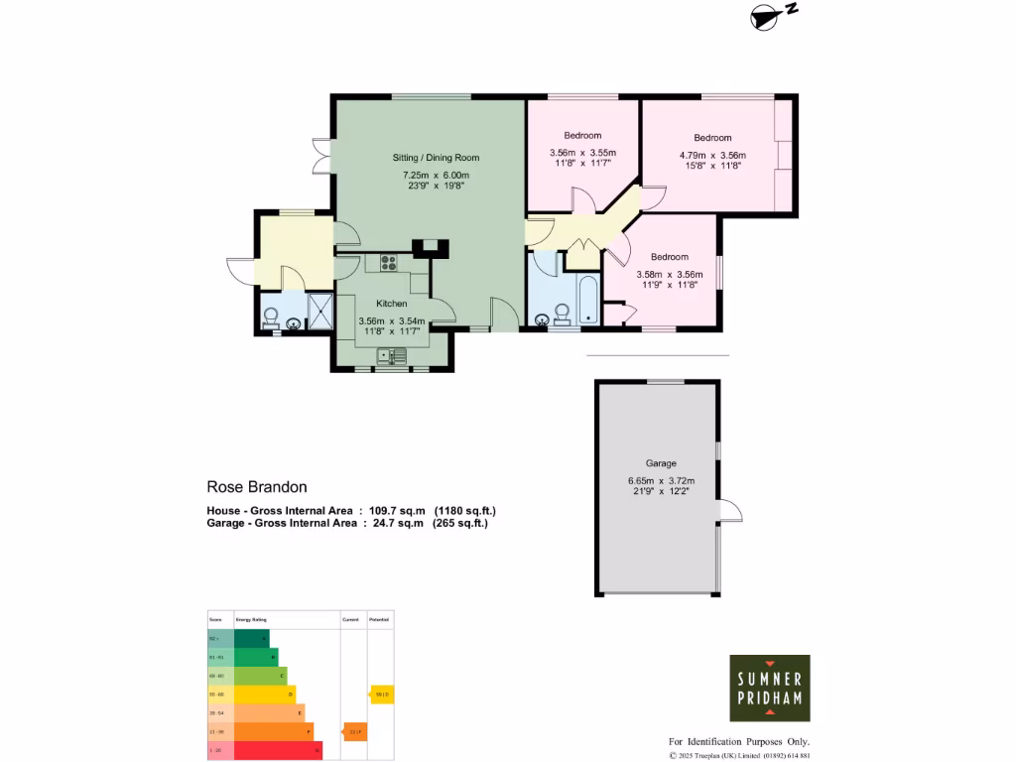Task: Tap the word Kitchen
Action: coord(391,304)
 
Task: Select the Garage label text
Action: coord(661,463)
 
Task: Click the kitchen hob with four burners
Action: coord(387,263)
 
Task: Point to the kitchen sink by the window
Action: coord(392,355)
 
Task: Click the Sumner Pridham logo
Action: coord(770,688)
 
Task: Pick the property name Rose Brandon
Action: coord(257,487)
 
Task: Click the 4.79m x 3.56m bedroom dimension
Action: coord(712,156)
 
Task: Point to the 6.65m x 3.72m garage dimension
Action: coord(661,482)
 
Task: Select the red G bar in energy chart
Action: coord(278,751)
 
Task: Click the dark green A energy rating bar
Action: coord(251,638)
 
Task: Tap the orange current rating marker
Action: coord(354,732)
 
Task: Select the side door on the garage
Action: coord(729,510)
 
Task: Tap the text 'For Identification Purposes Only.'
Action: coord(739,742)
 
